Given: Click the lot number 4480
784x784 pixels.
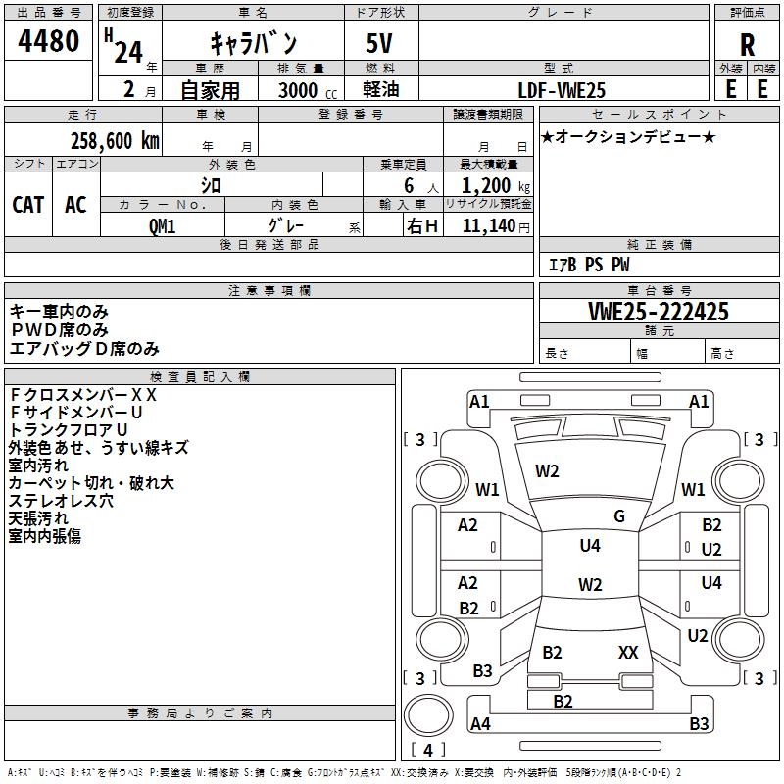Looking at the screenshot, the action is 48,42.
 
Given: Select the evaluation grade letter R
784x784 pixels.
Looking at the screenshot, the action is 747,45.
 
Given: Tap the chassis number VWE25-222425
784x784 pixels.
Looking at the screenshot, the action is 658,313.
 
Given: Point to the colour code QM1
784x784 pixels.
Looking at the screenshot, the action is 162,225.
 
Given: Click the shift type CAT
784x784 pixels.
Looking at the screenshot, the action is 28,205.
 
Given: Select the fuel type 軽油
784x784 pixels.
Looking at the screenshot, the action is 380,90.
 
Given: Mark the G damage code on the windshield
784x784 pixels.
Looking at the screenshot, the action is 618,516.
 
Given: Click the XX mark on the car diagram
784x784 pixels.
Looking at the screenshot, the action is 628,652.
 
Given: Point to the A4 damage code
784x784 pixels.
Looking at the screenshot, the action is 480,724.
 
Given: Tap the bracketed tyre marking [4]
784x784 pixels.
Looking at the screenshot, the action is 427,750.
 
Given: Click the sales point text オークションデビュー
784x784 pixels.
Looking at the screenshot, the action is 627,136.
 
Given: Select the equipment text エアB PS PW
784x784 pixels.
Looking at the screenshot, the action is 588,265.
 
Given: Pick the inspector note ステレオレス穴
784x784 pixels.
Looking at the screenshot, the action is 61,500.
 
